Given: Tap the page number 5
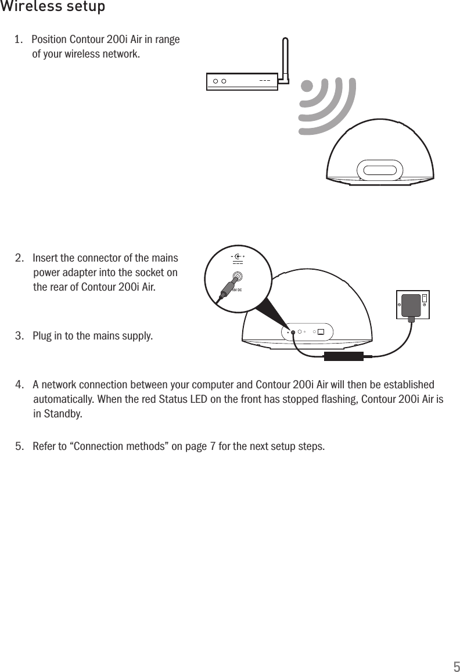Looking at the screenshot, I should tap(457, 666).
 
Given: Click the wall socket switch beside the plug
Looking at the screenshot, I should tap(425, 298).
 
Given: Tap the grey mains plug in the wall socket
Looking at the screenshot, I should tap(412, 305).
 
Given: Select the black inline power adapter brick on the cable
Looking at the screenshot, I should tap(343, 356).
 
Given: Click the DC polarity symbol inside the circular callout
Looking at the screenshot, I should tap(238, 256).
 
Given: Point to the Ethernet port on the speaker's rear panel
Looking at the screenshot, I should tap(321, 333).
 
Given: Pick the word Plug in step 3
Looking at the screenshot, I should tap(42, 336).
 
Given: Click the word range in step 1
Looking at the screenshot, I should tap(167, 40).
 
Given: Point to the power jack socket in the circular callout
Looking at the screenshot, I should tap(238, 278).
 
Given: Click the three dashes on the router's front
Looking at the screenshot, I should tap(264, 81).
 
